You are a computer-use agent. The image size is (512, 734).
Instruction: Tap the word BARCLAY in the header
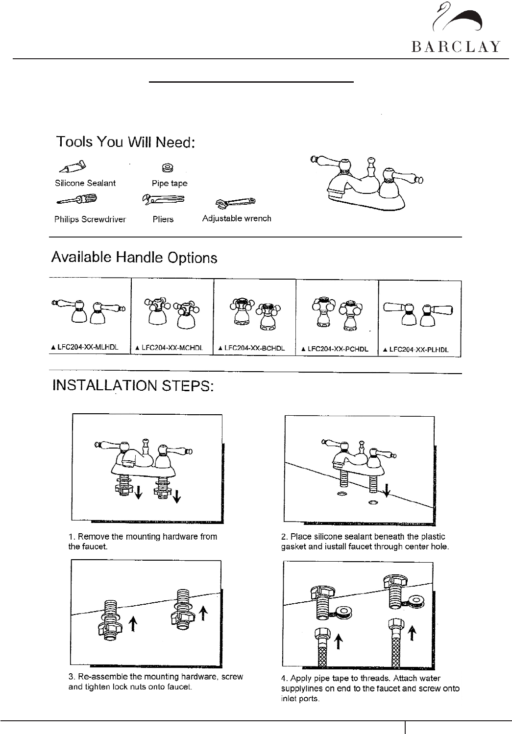tap(456, 47)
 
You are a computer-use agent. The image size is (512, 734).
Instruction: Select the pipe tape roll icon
tap(167, 168)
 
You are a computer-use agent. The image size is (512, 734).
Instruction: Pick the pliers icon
tap(162, 199)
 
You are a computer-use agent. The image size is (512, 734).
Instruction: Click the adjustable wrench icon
tap(235, 202)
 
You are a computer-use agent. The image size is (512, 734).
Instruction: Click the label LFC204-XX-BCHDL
tap(254, 349)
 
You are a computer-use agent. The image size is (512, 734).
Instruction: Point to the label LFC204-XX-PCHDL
tap(338, 349)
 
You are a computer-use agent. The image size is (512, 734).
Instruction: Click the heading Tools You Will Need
tap(126, 142)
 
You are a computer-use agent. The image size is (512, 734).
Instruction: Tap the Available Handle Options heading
tap(134, 258)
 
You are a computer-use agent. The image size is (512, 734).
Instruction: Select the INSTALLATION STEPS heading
tap(133, 385)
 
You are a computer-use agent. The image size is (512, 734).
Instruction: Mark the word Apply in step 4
tap(301, 678)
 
